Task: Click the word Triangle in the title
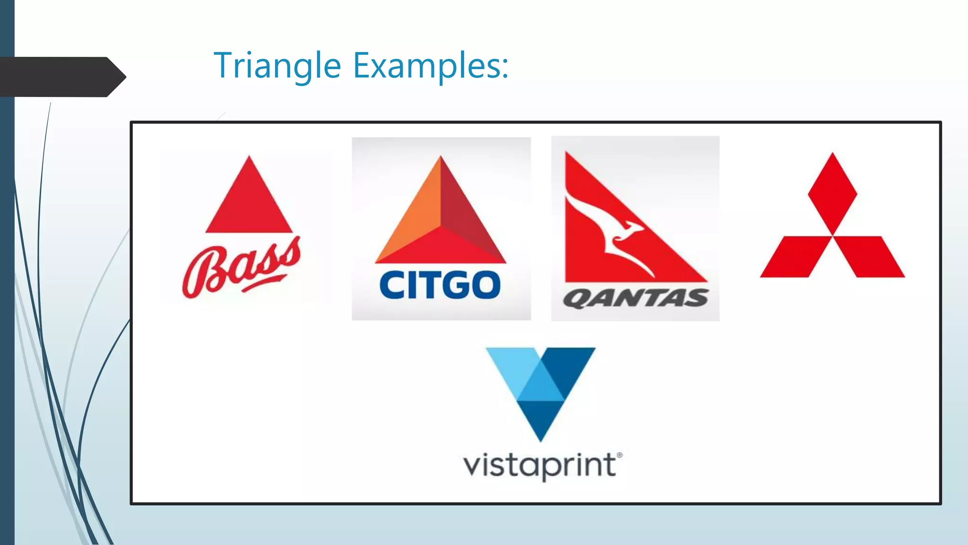[277, 65]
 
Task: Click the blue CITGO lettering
[440, 285]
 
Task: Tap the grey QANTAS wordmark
[635, 299]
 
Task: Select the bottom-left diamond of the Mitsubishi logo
[795, 256]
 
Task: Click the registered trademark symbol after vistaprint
[620, 455]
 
